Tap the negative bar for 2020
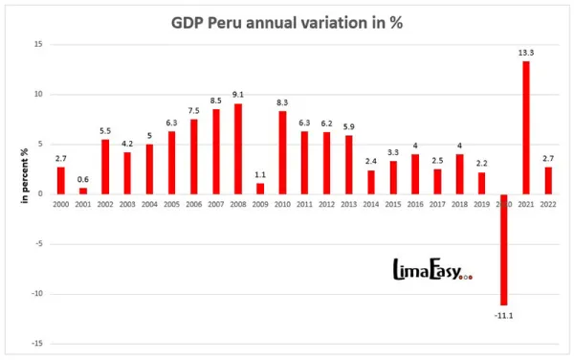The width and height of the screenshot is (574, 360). (x=503, y=249)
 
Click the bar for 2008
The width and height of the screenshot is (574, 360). (x=237, y=148)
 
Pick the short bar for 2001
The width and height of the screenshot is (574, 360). (x=83, y=191)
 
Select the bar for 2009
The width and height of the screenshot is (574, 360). (x=259, y=188)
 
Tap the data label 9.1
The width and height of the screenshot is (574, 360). (x=237, y=94)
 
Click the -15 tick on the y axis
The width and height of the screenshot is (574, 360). (x=35, y=344)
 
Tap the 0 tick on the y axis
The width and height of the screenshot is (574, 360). (x=39, y=194)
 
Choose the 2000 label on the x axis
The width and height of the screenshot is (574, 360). (x=61, y=204)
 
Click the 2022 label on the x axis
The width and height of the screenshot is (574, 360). (x=547, y=204)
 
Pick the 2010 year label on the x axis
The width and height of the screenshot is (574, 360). (x=281, y=204)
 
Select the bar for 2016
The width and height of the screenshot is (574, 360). (x=414, y=173)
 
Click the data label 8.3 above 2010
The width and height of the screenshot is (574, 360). (x=281, y=101)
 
